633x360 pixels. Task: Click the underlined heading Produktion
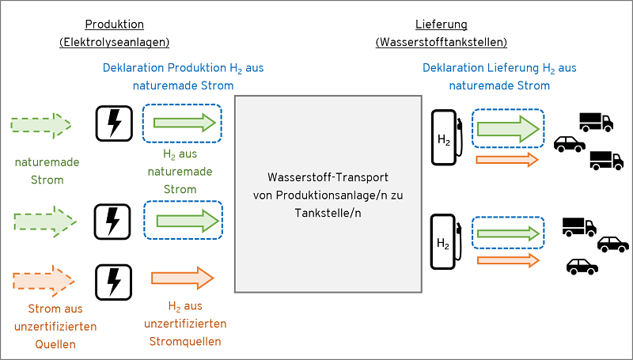[x=115, y=25]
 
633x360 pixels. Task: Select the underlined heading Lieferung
[x=441, y=25]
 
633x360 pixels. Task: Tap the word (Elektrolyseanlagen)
[x=115, y=42]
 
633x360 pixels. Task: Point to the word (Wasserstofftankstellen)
[x=441, y=42]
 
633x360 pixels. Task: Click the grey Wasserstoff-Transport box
[x=328, y=194]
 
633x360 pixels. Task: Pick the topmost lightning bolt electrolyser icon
[x=114, y=123]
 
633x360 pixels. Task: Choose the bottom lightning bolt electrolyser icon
[x=114, y=280]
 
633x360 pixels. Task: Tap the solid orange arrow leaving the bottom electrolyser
[x=183, y=278]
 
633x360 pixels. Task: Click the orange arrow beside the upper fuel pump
[x=506, y=160]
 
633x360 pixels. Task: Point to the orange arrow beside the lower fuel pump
[x=506, y=259]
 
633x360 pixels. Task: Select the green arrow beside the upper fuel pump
[x=507, y=127]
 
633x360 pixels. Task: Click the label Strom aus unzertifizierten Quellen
[x=55, y=326]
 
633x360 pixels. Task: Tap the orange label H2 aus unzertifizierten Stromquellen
[x=185, y=324]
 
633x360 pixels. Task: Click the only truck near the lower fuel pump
[x=578, y=226]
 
